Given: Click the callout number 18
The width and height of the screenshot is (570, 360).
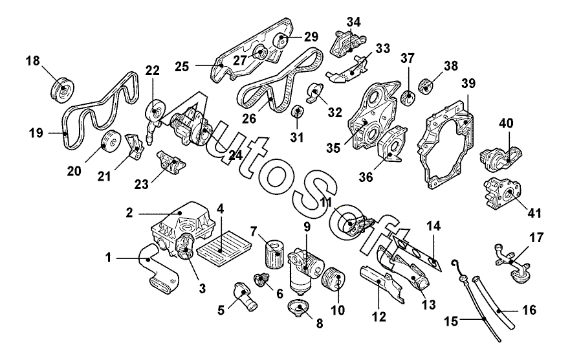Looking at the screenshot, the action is [33, 61].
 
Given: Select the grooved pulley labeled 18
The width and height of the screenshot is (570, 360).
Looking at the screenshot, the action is [62, 90].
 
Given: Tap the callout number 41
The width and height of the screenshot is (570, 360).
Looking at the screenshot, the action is [534, 213].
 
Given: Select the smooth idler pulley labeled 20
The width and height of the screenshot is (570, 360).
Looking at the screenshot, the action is [110, 141].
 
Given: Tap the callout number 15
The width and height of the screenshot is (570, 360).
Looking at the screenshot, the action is [451, 321].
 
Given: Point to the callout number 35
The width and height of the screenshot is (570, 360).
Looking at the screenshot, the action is [333, 148].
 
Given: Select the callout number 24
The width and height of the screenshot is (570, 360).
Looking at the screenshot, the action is [236, 155].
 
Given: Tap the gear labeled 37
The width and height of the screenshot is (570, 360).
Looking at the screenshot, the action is [408, 96].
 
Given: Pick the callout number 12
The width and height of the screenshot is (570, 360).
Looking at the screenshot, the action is [378, 317].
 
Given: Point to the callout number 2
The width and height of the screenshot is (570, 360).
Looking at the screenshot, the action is [129, 213].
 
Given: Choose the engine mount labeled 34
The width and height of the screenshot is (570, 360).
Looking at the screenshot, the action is [348, 43].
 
